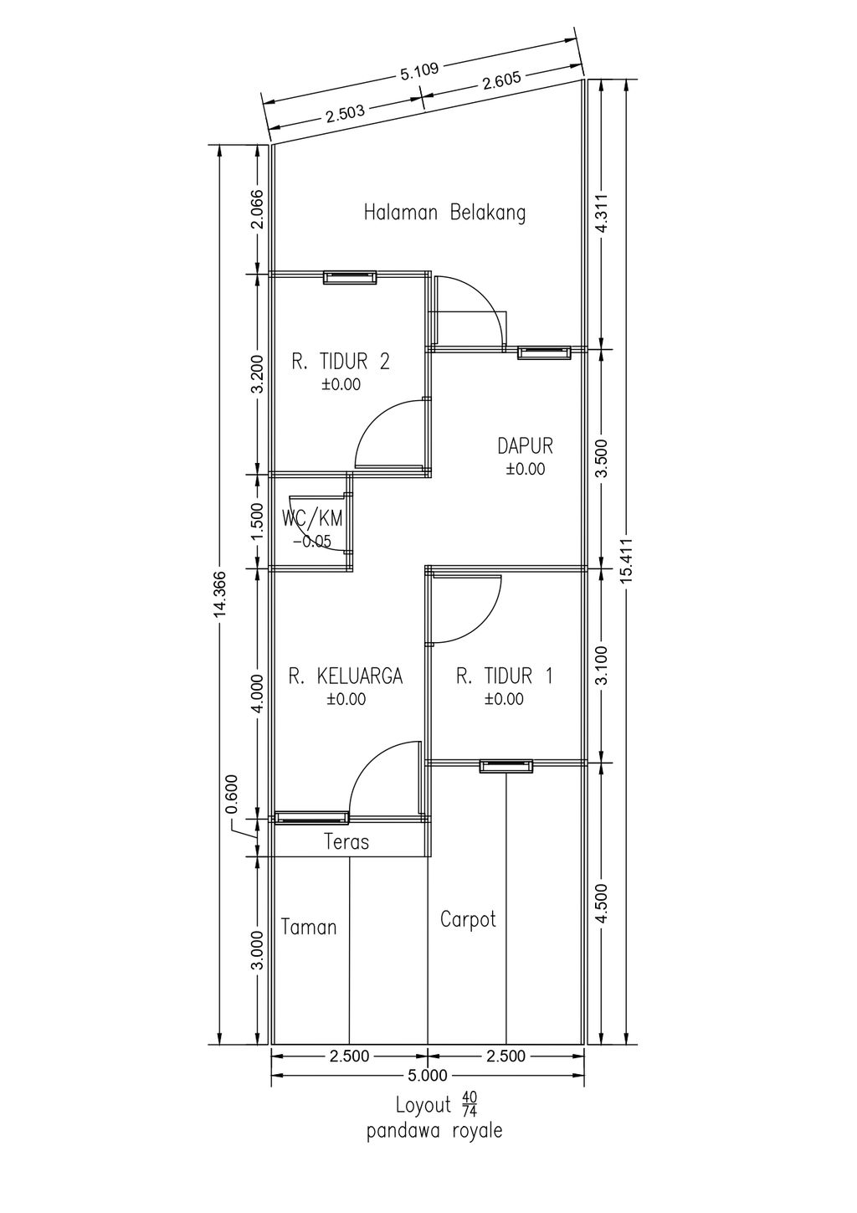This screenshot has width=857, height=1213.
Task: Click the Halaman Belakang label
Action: click(444, 212)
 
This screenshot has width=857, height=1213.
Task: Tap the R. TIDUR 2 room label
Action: click(341, 361)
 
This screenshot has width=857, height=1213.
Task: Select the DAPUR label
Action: click(525, 446)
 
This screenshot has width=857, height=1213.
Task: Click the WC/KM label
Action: click(313, 518)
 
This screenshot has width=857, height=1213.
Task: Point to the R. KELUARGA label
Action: click(346, 676)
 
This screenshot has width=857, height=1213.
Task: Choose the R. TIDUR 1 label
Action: click(505, 676)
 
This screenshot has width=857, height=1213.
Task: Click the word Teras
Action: click(346, 841)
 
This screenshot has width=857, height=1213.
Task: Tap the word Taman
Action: click(309, 927)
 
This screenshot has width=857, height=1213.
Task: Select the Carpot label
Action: click(469, 919)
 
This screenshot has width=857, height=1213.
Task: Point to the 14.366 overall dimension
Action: click(219, 594)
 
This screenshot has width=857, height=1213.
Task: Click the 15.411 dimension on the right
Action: click(626, 560)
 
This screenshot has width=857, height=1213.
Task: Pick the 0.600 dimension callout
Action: click(232, 794)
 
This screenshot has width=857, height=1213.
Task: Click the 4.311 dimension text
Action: click(602, 213)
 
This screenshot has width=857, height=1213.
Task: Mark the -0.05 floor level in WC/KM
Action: click(312, 541)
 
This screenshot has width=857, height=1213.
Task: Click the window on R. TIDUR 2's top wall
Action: click(350, 277)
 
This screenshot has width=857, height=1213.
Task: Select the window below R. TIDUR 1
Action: click(506, 766)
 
